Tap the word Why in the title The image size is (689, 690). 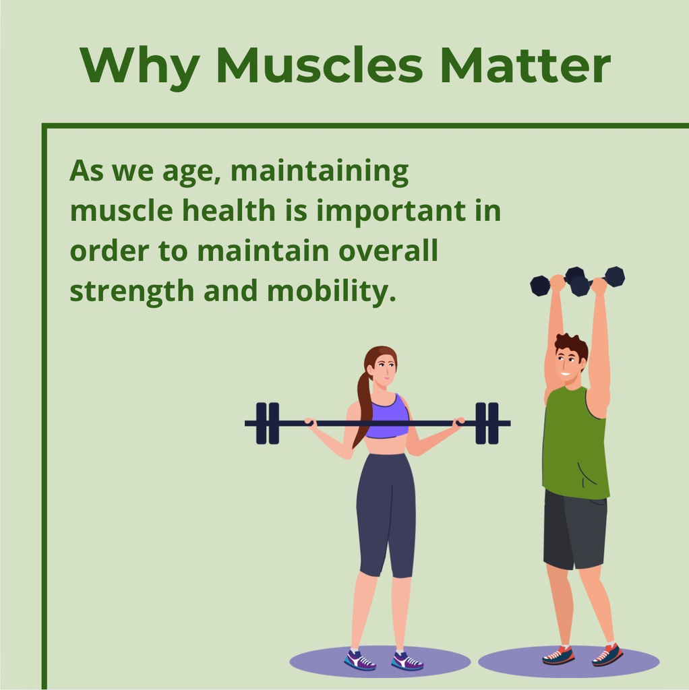[x=140, y=68]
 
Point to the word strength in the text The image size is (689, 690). [x=131, y=292]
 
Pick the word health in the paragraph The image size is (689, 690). [x=229, y=210]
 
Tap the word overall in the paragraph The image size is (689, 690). [x=388, y=250]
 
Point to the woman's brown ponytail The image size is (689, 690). [x=363, y=405]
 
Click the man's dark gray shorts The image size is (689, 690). [x=575, y=530]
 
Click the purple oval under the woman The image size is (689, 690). [x=380, y=661]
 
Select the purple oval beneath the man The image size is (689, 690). [x=569, y=661]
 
